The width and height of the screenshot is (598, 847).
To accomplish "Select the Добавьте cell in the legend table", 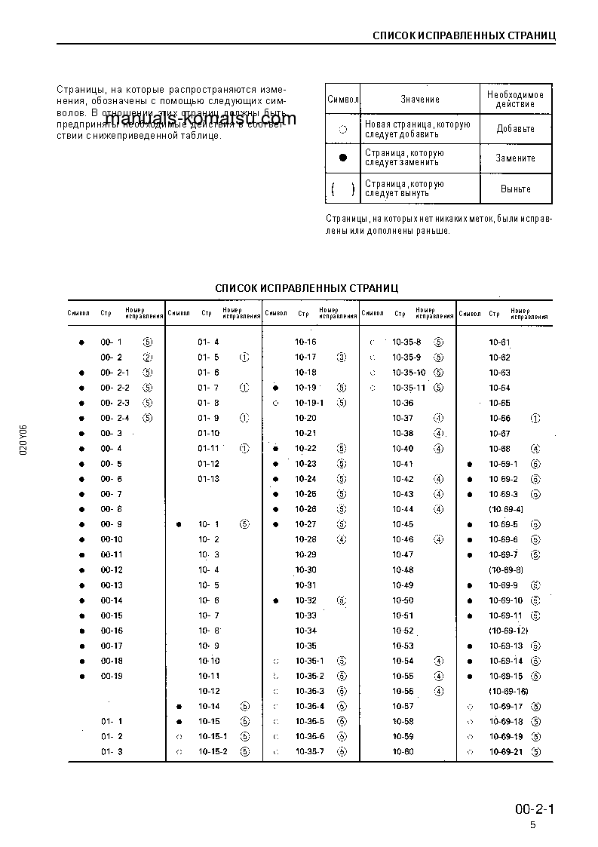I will [x=515, y=129].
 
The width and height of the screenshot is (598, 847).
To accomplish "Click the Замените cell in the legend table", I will [x=515, y=158].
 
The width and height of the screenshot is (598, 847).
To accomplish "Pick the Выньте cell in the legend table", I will [x=515, y=189].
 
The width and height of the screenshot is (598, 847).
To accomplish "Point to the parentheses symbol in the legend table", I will [x=342, y=189].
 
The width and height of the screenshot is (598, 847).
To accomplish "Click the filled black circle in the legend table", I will [x=342, y=158].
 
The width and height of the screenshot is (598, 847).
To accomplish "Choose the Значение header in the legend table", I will [x=420, y=100].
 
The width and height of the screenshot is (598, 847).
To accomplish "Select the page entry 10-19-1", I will [x=308, y=403].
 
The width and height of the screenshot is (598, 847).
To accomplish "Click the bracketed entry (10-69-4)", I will [x=506, y=509].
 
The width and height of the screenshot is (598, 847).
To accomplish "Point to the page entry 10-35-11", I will [x=409, y=388].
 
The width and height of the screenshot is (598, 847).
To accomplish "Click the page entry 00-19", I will [x=112, y=676].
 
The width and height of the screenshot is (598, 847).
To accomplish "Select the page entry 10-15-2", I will [x=213, y=752].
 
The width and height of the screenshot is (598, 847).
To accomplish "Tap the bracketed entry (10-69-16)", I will [x=508, y=692].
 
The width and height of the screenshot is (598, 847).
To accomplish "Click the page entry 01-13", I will [x=209, y=479].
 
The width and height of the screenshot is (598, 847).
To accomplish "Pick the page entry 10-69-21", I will [x=506, y=752].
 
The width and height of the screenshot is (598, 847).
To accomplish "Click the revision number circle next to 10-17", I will [x=342, y=358].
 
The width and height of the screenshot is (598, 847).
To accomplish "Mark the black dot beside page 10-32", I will [x=277, y=600].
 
